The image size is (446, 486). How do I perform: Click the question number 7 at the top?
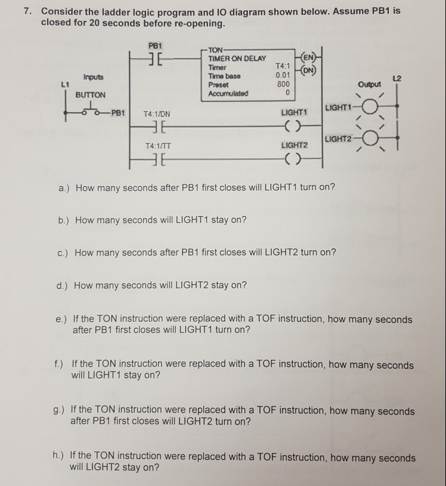(x=26, y=11)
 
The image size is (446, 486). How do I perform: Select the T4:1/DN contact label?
(x=158, y=113)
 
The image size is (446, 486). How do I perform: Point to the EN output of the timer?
(x=309, y=58)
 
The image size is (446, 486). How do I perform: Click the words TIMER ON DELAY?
(x=237, y=59)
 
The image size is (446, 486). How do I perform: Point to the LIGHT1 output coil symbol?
(x=292, y=124)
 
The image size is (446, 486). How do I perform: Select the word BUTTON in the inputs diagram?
(x=91, y=95)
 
